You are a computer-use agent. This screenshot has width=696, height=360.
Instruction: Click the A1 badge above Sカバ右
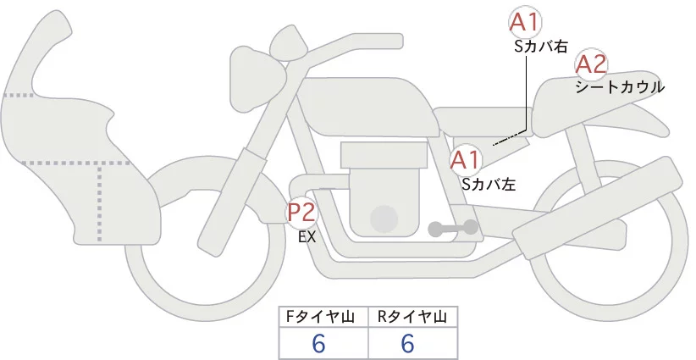[525, 23]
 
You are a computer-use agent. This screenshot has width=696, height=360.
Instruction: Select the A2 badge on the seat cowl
[591, 64]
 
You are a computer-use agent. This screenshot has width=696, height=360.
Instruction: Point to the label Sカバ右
[541, 47]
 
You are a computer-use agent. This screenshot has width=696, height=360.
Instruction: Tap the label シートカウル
[620, 86]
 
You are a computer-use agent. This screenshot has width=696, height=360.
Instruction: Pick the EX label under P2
[307, 238]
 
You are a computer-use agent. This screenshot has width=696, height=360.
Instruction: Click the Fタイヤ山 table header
[324, 317]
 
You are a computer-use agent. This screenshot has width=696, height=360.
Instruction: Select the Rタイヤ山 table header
[412, 317]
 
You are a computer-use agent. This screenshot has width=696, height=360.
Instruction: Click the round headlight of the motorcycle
[288, 42]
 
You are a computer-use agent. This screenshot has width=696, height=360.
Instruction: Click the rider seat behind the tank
[478, 119]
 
